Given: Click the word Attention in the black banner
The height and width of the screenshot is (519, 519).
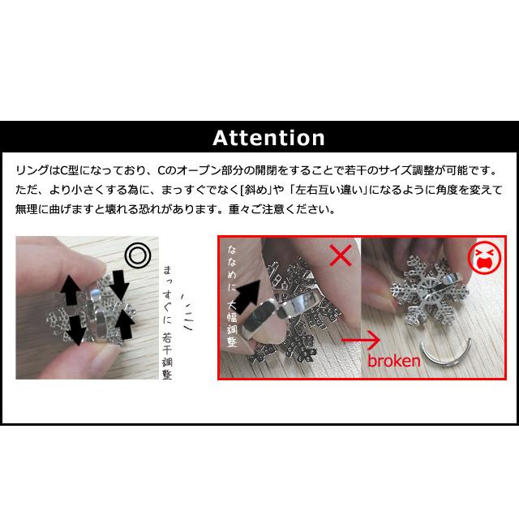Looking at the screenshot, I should [x=268, y=138].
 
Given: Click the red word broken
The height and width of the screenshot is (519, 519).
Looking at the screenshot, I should [x=394, y=360].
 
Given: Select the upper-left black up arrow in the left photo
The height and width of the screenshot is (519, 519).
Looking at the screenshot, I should [x=70, y=287].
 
